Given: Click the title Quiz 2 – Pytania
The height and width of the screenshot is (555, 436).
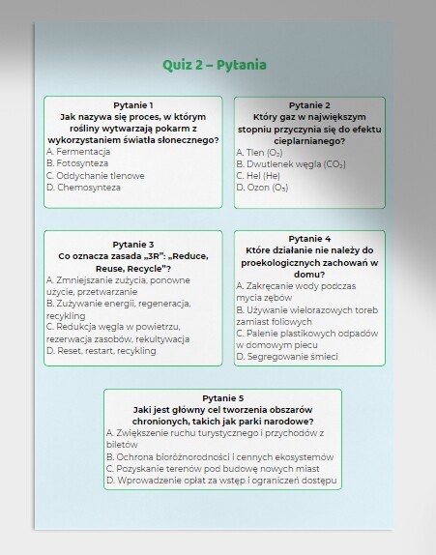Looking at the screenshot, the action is click(x=215, y=65).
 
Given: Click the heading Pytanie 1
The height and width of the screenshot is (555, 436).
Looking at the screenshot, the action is click(x=133, y=104).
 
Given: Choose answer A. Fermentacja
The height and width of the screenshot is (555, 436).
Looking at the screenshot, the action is click(x=83, y=152).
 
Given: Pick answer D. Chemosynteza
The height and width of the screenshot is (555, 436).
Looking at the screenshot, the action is click(x=87, y=188).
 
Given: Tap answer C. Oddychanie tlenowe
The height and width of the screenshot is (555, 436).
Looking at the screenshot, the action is click(x=95, y=176).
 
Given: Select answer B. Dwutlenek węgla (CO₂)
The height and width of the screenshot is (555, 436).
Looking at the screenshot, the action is click(x=290, y=164).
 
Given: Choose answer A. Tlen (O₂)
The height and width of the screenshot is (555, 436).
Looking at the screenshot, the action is click(x=260, y=153).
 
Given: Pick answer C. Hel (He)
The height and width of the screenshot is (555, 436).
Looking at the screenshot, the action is click(x=258, y=176).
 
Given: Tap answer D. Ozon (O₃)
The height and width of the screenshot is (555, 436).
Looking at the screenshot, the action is click(x=262, y=188).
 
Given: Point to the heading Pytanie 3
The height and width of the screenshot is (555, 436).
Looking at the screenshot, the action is click(x=133, y=244).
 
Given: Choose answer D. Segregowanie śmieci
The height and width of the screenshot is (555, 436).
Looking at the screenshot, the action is click(x=286, y=357).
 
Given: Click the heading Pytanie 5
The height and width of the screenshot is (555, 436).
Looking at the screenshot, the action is click(x=223, y=398).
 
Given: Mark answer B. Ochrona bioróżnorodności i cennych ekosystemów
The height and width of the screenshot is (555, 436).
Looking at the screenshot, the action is click(x=219, y=456).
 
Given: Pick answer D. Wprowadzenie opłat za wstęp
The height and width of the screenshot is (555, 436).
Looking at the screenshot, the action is click(x=221, y=480).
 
